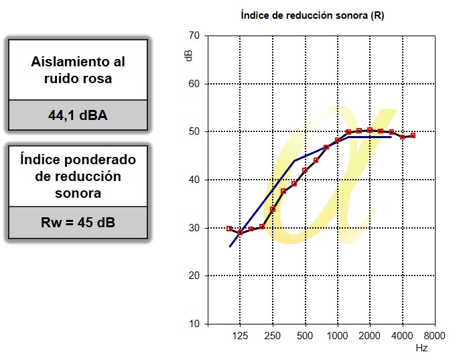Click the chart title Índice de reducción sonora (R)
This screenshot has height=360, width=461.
pyautogui.click(x=312, y=15)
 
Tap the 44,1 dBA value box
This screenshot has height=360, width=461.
pyautogui.click(x=78, y=115)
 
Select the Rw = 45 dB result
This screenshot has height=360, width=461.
pyautogui.click(x=78, y=222)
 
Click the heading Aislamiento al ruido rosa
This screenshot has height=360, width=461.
pyautogui.click(x=78, y=70)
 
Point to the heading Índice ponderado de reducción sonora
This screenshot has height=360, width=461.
pyautogui.click(x=78, y=176)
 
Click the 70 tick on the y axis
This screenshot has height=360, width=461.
pyautogui.click(x=194, y=36)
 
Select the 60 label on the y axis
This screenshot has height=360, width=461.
pyautogui.click(x=194, y=84)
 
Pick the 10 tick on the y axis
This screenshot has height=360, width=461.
pyautogui.click(x=194, y=324)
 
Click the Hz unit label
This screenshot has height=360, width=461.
pyautogui.click(x=421, y=349)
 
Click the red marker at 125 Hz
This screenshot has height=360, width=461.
pyautogui.click(x=240, y=233)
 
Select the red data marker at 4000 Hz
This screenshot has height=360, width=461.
pyautogui.click(x=402, y=137)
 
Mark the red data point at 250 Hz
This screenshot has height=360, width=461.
pyautogui.click(x=273, y=209)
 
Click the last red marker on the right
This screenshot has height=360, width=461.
pyautogui.click(x=413, y=135)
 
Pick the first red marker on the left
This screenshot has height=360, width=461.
pyautogui.click(x=229, y=229)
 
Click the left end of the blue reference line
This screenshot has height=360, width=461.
pyautogui.click(x=230, y=247)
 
